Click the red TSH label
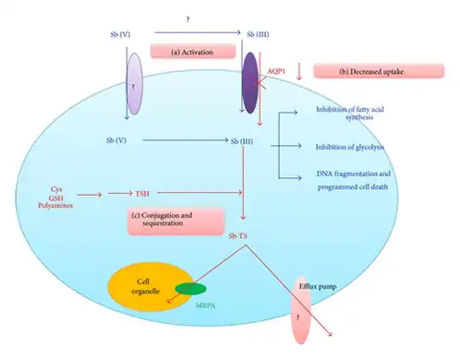142,195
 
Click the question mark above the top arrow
188,19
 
